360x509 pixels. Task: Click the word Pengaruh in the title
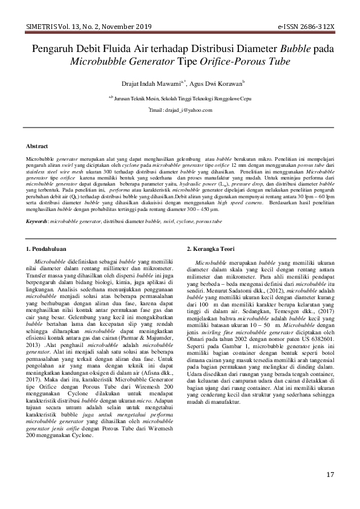pyautogui.click(x=53, y=49)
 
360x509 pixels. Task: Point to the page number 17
pyautogui.click(x=330, y=474)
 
